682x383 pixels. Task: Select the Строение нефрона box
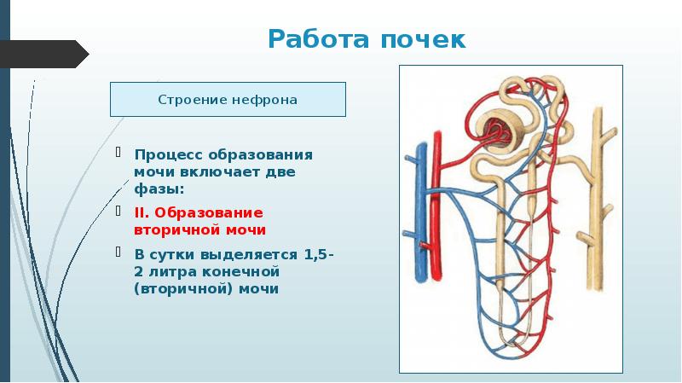coord(228,100)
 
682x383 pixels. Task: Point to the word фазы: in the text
coord(159,187)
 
